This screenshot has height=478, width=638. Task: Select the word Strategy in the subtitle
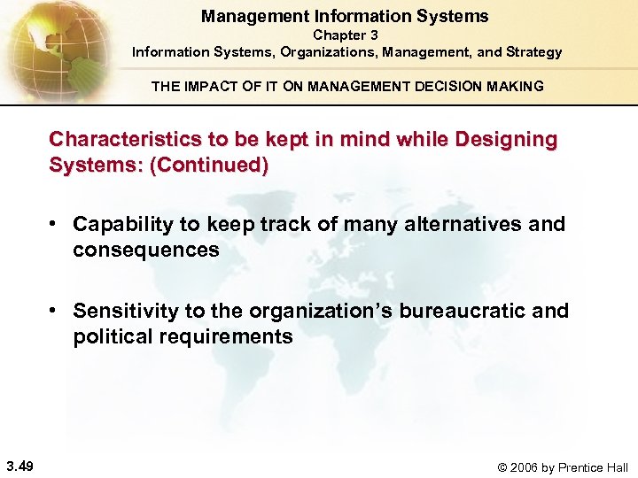(x=533, y=52)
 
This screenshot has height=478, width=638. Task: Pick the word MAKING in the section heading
(x=511, y=86)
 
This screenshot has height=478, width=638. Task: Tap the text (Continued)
(x=209, y=166)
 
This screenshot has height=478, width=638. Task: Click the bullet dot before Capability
(x=55, y=225)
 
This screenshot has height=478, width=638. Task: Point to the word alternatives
(x=453, y=225)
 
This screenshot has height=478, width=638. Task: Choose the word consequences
(x=145, y=251)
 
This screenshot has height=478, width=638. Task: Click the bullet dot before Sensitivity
(x=55, y=312)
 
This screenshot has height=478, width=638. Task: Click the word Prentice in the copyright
(x=578, y=467)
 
